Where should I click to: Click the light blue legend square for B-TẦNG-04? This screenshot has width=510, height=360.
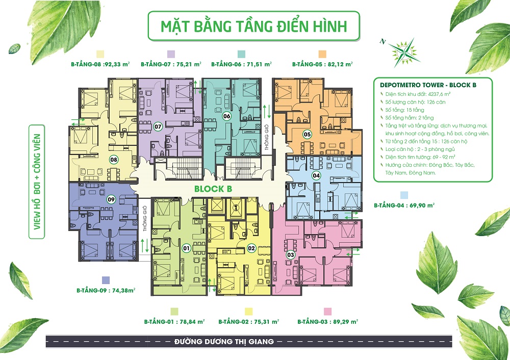(x=404, y=195)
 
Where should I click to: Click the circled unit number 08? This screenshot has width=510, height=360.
(x=113, y=159)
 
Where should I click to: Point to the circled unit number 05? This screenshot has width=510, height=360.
(x=307, y=135)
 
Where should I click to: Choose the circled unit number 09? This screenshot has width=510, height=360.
(x=111, y=200)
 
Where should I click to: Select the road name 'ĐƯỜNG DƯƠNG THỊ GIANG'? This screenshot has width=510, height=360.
(x=224, y=341)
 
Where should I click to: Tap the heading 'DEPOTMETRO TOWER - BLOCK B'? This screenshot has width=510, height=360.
(x=424, y=85)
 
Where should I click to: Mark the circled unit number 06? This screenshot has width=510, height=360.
(x=227, y=116)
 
